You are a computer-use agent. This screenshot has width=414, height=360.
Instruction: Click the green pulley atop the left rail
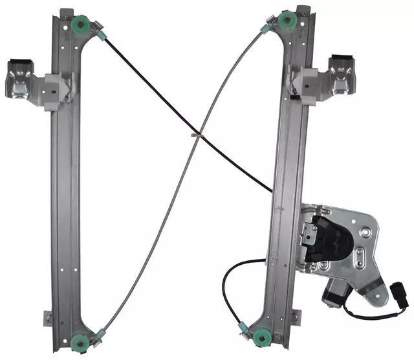(x=83, y=27)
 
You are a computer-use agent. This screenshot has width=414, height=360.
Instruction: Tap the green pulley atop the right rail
(x=286, y=23)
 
